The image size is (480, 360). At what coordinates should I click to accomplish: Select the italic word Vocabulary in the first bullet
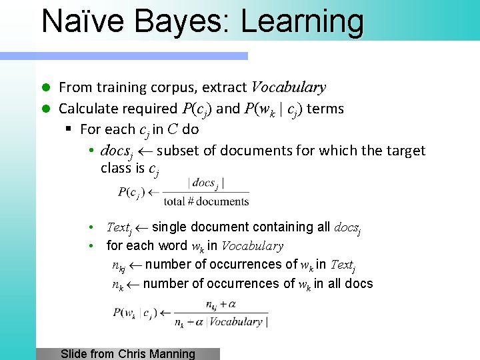[x=287, y=87]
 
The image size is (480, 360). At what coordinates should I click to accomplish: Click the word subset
[x=179, y=151]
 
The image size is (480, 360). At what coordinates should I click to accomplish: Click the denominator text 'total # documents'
[x=206, y=201]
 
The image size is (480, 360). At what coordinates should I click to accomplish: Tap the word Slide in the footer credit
[x=74, y=354]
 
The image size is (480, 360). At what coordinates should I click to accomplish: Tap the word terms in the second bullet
[x=325, y=109]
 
